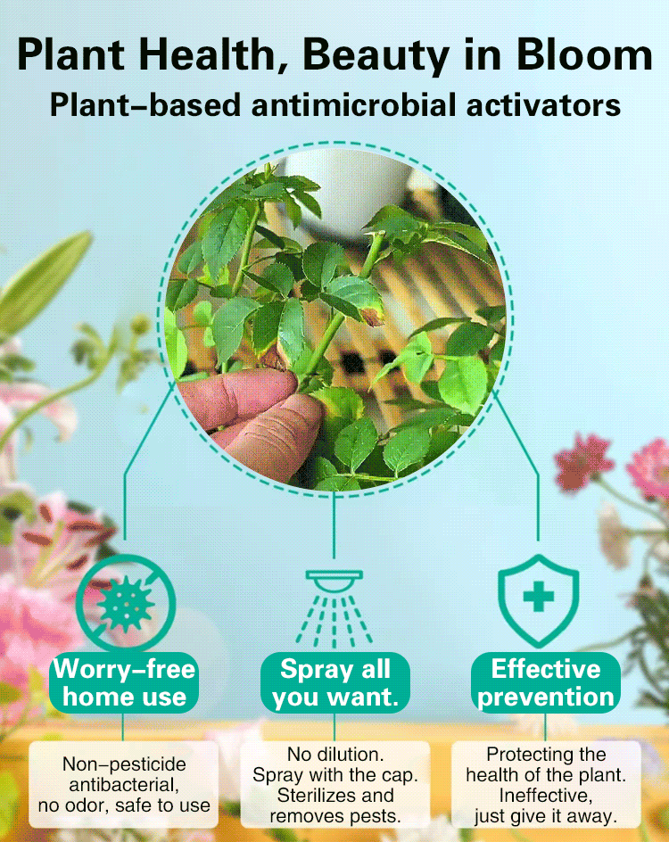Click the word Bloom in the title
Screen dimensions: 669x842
pyautogui.click(x=583, y=55)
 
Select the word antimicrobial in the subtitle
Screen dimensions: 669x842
pyautogui.click(x=353, y=104)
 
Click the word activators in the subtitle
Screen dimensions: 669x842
pyautogui.click(x=543, y=104)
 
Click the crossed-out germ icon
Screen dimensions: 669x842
pyautogui.click(x=126, y=603)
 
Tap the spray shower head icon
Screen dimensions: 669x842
pyautogui.click(x=334, y=608)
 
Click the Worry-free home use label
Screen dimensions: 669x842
pyautogui.click(x=124, y=683)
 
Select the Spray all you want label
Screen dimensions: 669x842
pyautogui.click(x=335, y=683)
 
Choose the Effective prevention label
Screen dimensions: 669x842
pyautogui.click(x=546, y=683)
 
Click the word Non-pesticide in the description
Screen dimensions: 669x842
pyautogui.click(x=124, y=764)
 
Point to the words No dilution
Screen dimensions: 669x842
pyautogui.click(x=335, y=754)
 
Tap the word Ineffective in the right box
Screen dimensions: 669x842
pyautogui.click(x=546, y=796)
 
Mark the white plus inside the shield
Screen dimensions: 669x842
pyautogui.click(x=539, y=596)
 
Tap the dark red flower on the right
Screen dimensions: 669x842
pyautogui.click(x=583, y=462)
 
